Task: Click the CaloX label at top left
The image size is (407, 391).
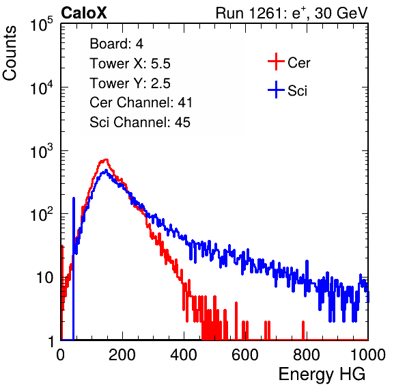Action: point(84,13)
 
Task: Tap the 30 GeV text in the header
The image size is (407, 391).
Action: point(341,14)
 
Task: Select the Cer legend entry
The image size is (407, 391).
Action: point(289,62)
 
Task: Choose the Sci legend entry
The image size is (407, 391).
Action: point(287,90)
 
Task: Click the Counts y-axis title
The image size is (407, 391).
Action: point(10,53)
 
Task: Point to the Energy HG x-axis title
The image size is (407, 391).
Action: point(322,375)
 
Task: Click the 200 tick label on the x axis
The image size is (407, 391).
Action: point(122,355)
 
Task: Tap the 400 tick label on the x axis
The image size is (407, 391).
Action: point(184,355)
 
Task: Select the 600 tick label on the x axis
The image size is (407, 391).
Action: point(245,355)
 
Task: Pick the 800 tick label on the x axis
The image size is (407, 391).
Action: point(307,355)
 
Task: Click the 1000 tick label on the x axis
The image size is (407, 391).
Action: point(368,355)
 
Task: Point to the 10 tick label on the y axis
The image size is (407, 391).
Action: point(45,278)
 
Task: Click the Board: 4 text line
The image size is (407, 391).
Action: point(116,44)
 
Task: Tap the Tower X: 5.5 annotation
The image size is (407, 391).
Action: point(130,64)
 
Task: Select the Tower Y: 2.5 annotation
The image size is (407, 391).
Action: point(130,83)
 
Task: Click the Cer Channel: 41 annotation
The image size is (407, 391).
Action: point(141,103)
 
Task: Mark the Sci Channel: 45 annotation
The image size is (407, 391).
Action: point(140,122)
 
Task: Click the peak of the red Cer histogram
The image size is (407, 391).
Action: point(106,159)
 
